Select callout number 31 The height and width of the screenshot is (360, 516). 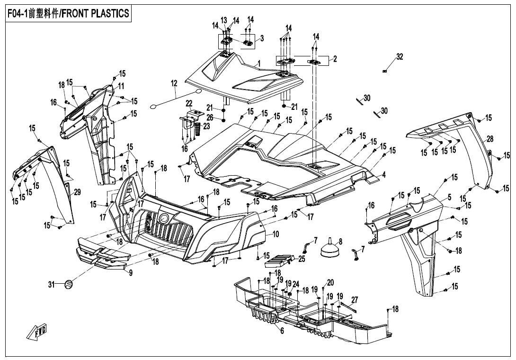51,284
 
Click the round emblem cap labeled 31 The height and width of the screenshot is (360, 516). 69,284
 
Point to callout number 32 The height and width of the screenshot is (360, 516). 400,57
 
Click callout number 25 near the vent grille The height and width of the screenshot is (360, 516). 302,259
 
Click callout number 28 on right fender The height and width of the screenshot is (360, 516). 490,139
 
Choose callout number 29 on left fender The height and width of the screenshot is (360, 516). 77,192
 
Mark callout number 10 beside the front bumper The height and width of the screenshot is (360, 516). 276,234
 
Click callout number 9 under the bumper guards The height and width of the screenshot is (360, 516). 131,273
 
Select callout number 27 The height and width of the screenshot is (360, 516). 355,300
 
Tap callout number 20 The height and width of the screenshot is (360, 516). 330,282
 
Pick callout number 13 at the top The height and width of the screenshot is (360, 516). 223,21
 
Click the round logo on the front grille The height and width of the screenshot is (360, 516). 164,218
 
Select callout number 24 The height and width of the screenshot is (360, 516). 296,284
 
